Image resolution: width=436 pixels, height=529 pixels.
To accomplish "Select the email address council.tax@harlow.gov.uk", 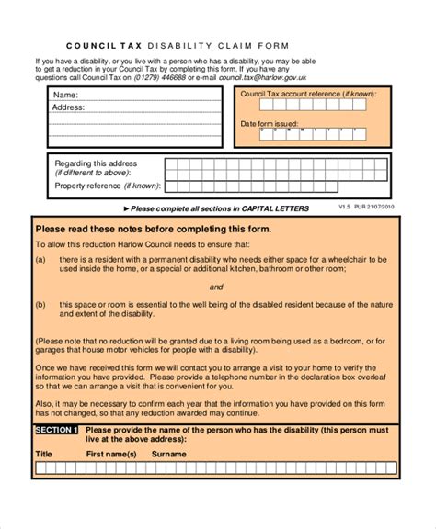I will click(268, 78).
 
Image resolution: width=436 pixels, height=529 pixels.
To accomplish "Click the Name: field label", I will click(65, 95).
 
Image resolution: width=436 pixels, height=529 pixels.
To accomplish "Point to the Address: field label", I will click(69, 107).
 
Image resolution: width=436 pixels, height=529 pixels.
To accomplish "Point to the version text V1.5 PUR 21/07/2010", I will click(366, 208).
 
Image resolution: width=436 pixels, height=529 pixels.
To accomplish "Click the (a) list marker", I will click(40, 260).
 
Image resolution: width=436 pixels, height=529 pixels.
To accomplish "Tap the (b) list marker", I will click(40, 303).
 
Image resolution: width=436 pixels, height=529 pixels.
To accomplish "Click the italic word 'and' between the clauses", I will click(217, 286).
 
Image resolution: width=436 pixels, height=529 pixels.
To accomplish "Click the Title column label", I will click(43, 454).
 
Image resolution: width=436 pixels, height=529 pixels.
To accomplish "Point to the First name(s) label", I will click(111, 454).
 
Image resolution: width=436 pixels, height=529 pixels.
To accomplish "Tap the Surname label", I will click(168, 454).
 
